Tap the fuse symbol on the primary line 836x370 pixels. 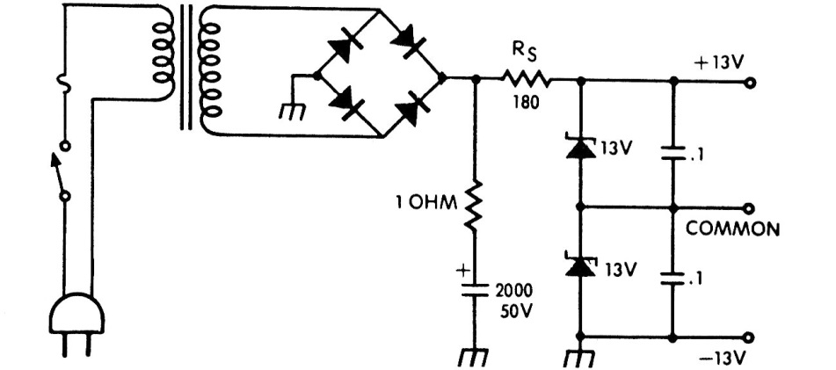64,83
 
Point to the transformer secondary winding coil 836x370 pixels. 210,69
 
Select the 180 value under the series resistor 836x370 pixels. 526,101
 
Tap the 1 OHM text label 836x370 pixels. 426,203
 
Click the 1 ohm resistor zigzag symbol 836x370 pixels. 472,206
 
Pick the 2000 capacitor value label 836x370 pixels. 514,291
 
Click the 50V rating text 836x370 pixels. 516,311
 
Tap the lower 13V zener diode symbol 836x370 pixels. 580,266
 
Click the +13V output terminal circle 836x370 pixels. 750,83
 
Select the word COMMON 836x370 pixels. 732,229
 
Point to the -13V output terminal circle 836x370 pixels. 750,337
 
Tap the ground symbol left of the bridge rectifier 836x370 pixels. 293,112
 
